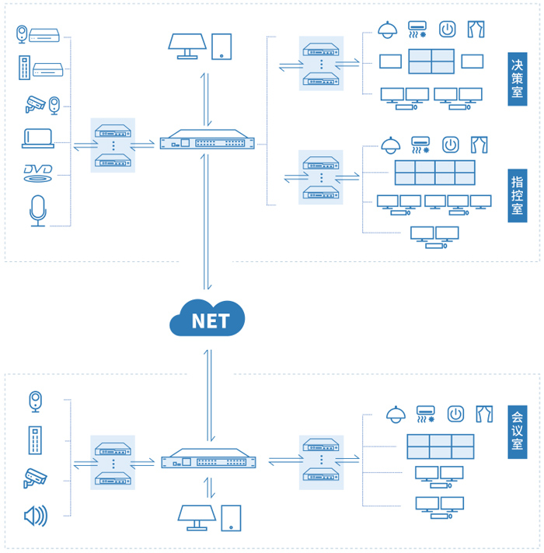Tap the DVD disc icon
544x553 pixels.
(37, 173)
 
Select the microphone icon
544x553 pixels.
(37, 211)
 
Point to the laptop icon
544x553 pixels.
(37, 138)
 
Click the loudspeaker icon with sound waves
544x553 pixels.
(36, 515)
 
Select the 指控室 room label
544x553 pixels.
(517, 195)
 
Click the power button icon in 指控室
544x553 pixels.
(450, 144)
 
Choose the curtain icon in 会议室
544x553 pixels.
(485, 413)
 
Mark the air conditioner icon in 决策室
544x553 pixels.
(418, 30)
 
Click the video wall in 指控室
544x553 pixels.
(434, 173)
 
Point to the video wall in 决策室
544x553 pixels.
(431, 61)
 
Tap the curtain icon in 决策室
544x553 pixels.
(476, 30)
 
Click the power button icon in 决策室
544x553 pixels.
(447, 30)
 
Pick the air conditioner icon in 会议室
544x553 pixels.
(426, 413)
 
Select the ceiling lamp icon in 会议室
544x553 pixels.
(396, 413)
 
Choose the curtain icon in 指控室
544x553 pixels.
(479, 144)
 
